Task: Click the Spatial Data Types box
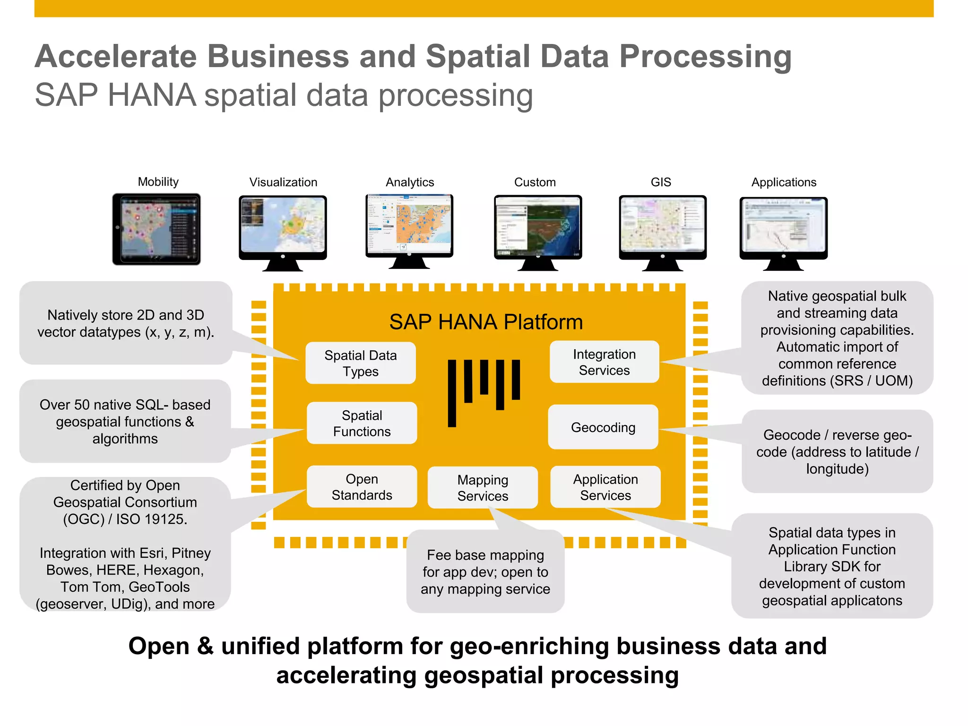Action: (360, 363)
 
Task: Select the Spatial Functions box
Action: (362, 423)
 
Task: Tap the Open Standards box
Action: (362, 487)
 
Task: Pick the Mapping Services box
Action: (483, 488)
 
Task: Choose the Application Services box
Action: (605, 487)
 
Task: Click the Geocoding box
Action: (603, 427)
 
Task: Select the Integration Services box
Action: (604, 362)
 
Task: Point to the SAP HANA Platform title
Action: (486, 322)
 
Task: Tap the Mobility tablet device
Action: (156, 229)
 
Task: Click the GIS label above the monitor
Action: (661, 182)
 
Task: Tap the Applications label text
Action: (784, 182)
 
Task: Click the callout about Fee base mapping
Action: (485, 572)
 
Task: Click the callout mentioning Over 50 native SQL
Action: (125, 421)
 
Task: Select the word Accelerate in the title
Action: (116, 56)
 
